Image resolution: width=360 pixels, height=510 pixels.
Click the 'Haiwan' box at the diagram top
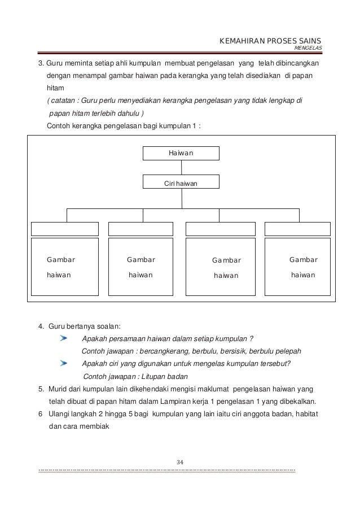tap(181, 153)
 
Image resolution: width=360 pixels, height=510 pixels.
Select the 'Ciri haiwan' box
tap(181, 182)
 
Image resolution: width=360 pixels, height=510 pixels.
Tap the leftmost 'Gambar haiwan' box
tap(65, 267)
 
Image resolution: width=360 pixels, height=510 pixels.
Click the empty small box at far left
tap(65, 229)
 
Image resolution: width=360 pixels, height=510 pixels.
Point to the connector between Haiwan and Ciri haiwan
tap(181, 168)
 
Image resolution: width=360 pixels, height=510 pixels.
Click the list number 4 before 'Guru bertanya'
tap(41, 325)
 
